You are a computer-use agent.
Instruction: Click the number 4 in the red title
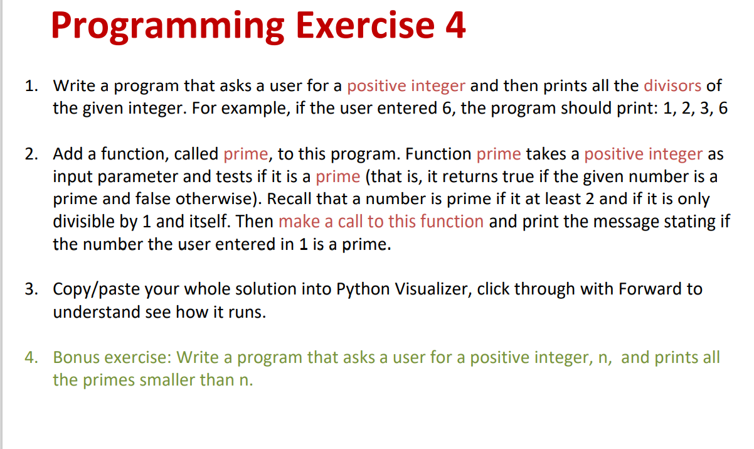[x=456, y=24]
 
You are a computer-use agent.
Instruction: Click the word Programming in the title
[x=168, y=27]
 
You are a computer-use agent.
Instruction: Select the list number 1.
[x=31, y=85]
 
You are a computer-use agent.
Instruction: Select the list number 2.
[x=31, y=154]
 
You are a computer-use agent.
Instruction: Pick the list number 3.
[x=31, y=289]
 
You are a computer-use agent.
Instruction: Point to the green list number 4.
[x=31, y=357]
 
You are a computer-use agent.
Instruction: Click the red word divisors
[x=672, y=85]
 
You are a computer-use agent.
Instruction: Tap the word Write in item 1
[x=74, y=85]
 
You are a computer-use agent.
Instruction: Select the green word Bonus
[x=76, y=357]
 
